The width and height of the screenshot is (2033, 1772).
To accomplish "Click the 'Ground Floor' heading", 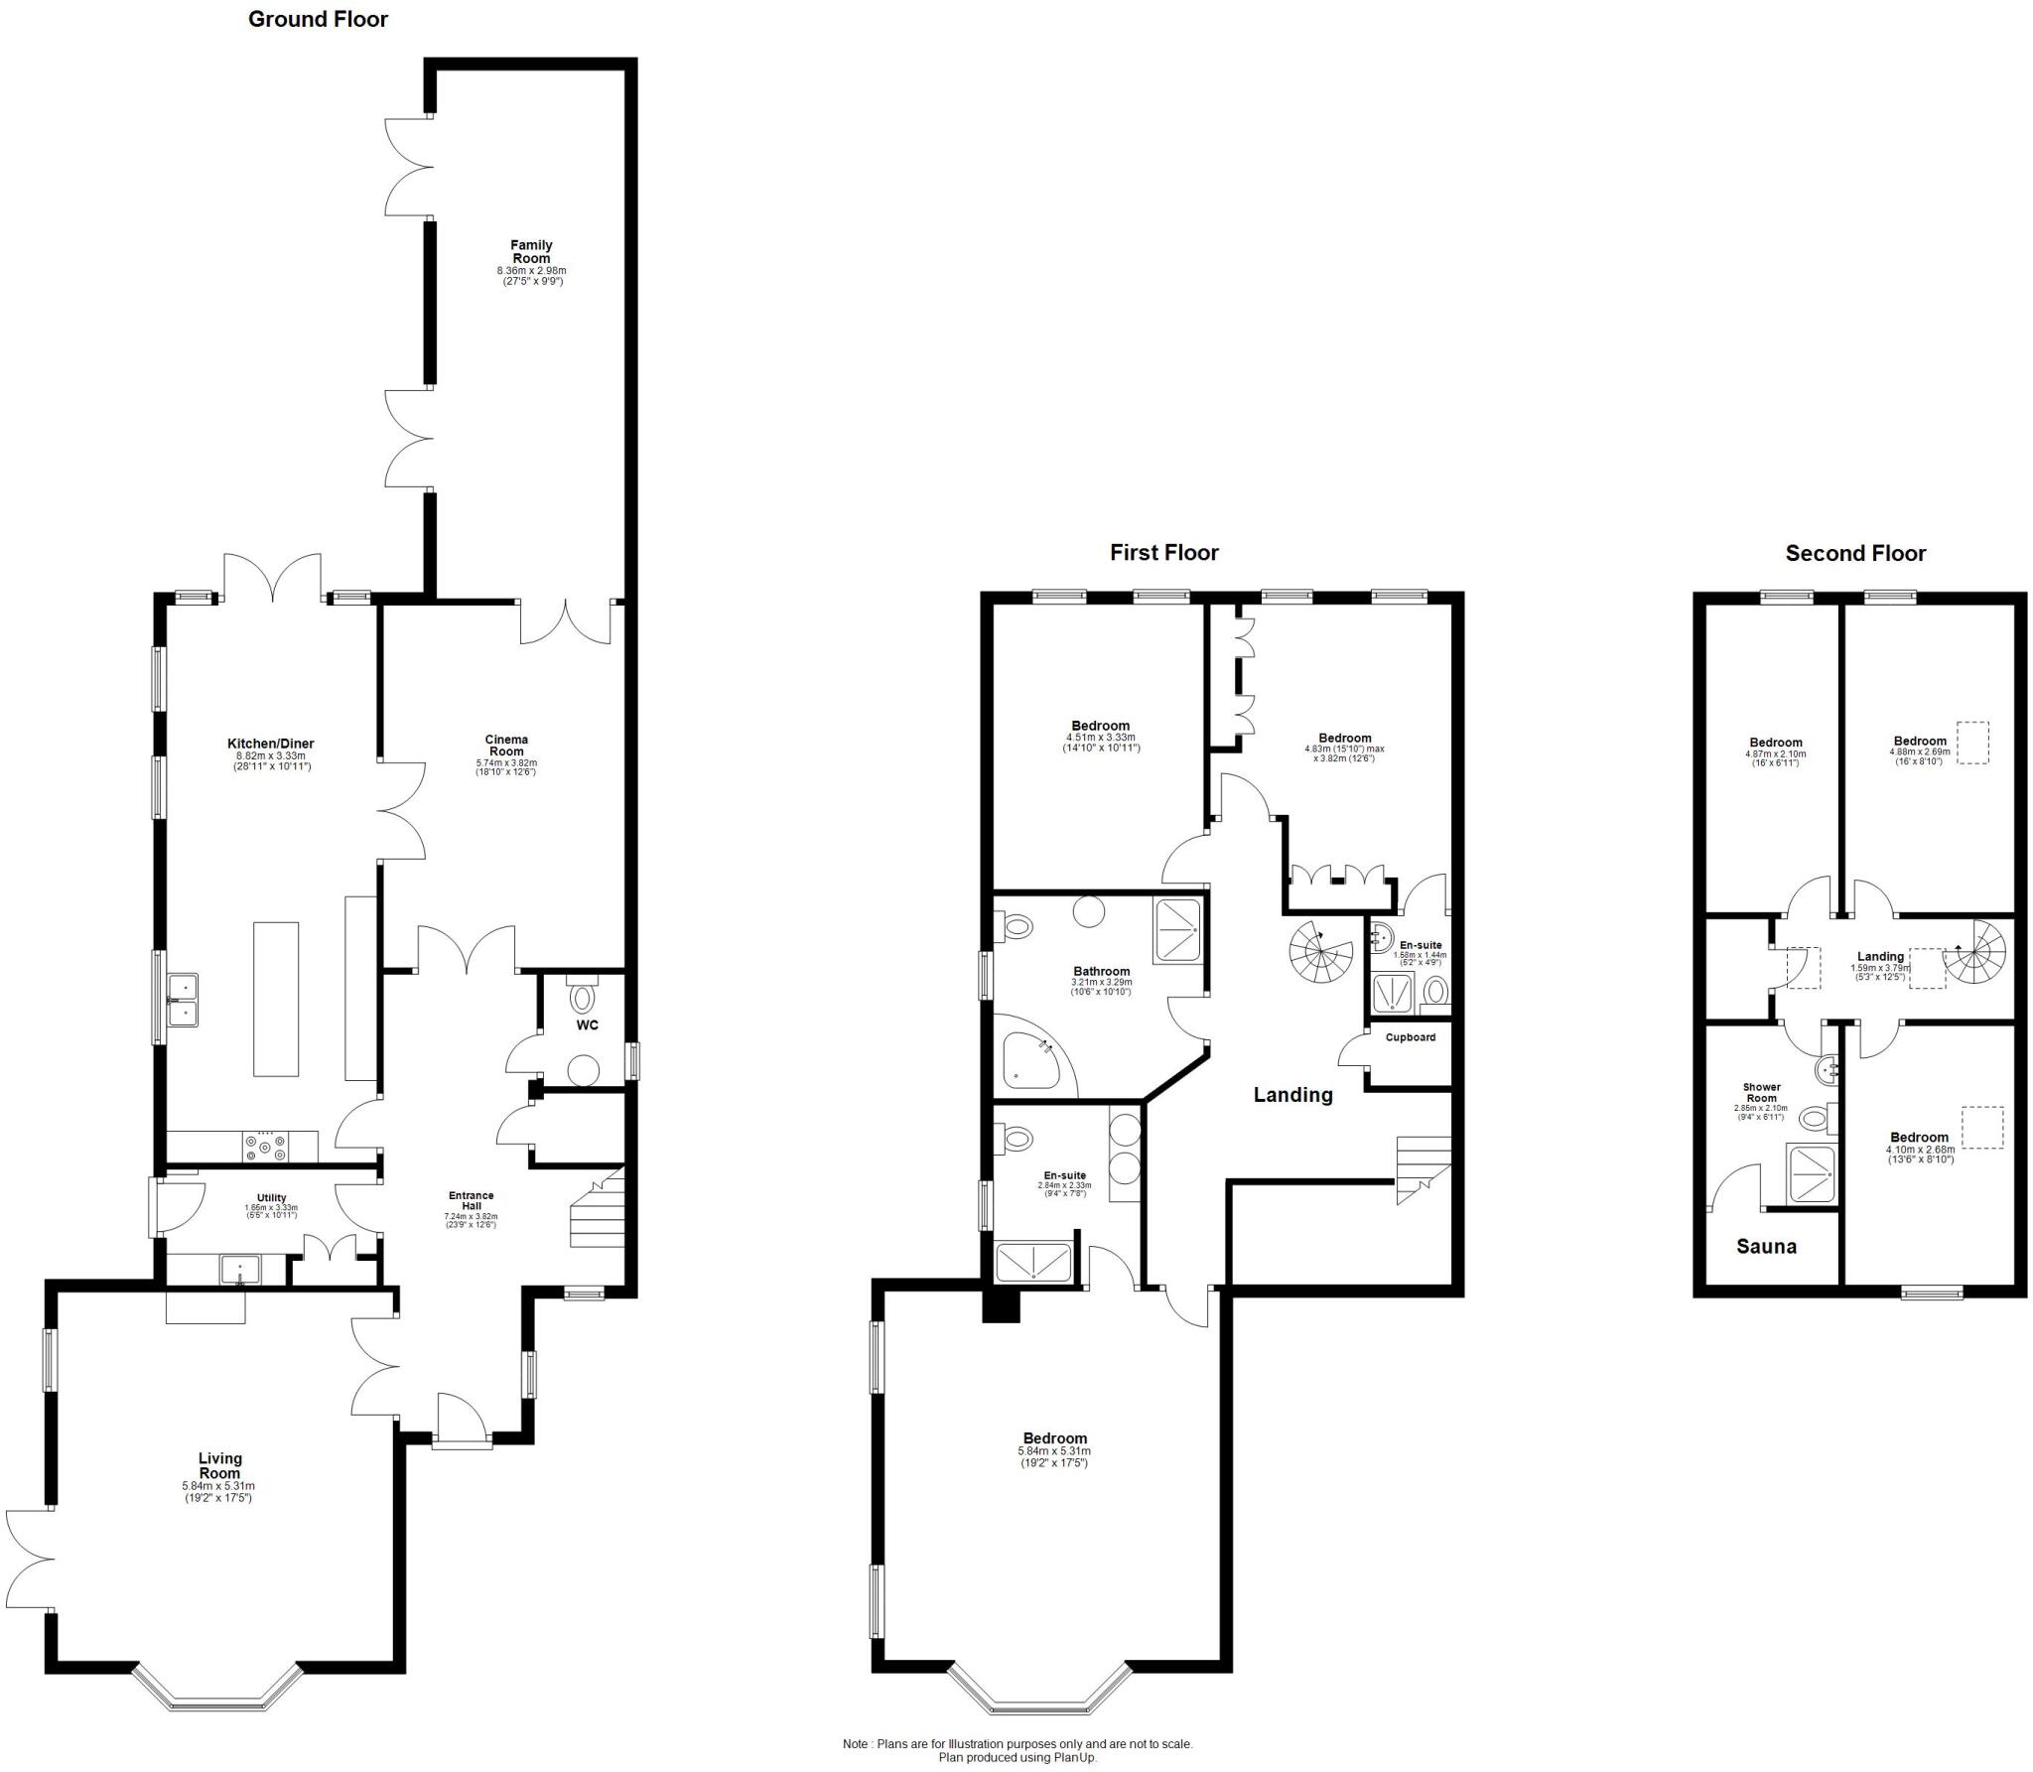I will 318,19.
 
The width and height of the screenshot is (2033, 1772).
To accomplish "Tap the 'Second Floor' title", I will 1854,554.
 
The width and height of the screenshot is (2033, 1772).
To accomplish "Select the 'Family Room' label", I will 531,251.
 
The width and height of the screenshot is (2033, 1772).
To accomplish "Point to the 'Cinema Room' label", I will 506,745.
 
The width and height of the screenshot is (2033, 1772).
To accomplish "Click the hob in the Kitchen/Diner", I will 266,1147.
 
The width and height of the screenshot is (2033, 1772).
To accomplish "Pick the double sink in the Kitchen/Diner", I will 184,999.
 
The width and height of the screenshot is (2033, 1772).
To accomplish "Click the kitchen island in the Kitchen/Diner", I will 275,998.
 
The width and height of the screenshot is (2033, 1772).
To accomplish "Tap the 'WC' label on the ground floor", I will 587,1025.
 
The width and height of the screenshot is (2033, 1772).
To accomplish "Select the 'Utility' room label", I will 271,1198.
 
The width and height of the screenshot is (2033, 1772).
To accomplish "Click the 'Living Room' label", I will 219,1465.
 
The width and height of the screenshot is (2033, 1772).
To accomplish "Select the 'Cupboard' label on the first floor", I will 1410,1037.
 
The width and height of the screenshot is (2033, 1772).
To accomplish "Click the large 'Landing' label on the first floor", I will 1292,1095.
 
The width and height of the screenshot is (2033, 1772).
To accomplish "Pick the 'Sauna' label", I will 1766,1247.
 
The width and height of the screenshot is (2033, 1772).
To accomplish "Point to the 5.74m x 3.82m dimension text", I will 506,762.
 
